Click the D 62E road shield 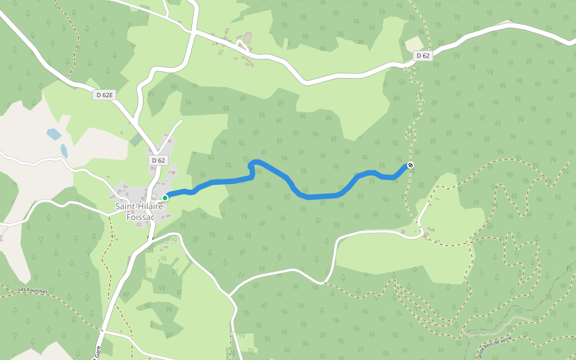pyautogui.click(x=103, y=95)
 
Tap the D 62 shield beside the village pyautogui.click(x=158, y=160)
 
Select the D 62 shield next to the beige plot pyautogui.click(x=423, y=56)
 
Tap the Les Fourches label pyautogui.click(x=32, y=290)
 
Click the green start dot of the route pyautogui.click(x=165, y=197)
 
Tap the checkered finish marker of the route pyautogui.click(x=410, y=165)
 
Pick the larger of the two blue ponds pyautogui.click(x=54, y=134)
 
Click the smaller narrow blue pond pyautogui.click(x=64, y=151)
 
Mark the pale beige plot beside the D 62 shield pyautogui.click(x=414, y=44)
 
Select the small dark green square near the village pyautogui.click(x=136, y=140)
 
